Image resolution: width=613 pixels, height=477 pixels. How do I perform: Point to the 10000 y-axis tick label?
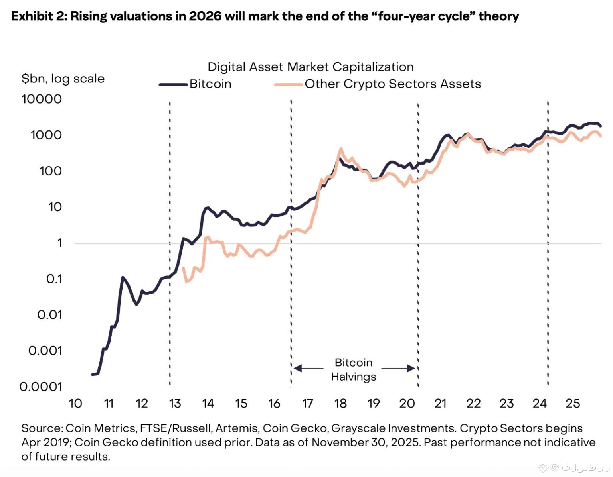coord(42,99)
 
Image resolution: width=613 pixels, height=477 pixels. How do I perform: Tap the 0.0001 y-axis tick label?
coord(41,387)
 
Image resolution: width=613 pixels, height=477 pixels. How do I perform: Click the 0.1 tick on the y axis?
coord(54,279)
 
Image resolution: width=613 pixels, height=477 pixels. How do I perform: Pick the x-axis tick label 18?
coord(340,404)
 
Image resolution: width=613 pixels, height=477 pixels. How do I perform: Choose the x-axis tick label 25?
coord(573,404)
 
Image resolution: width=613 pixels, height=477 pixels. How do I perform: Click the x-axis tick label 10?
coord(75,404)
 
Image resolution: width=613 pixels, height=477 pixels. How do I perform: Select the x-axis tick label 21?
coord(440,404)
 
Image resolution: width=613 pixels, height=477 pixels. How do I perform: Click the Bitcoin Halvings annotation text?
coord(354,369)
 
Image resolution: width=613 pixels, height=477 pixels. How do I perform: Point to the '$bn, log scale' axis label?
coord(63,79)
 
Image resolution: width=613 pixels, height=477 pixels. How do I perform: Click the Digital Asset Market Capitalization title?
coord(310,67)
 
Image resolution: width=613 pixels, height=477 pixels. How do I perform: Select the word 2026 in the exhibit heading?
coord(205,16)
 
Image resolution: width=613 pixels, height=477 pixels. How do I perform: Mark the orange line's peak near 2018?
coord(340,149)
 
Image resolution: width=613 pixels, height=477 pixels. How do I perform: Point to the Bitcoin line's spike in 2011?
coord(123,277)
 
